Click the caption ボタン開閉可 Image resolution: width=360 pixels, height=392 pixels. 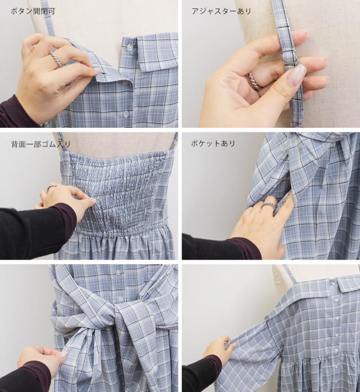[33, 11]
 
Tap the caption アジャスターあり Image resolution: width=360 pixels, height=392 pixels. [221, 11]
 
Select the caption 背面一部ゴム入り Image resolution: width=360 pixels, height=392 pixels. [41, 144]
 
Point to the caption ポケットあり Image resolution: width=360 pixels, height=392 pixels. [213, 144]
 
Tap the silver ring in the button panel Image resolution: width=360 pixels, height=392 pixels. [57, 58]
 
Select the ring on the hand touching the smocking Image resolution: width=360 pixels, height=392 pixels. [51, 187]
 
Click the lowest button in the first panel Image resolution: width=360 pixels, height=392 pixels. [124, 114]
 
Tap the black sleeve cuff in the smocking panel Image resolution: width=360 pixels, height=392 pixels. [66, 214]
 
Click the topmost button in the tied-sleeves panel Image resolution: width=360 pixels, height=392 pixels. [118, 272]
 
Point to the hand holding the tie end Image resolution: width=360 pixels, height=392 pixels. [42, 358]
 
